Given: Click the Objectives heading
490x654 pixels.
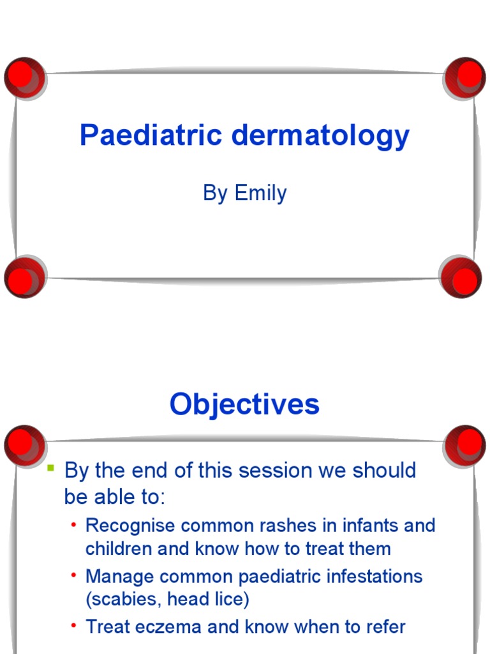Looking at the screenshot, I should pyautogui.click(x=244, y=404).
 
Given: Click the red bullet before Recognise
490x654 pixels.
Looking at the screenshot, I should pyautogui.click(x=74, y=525).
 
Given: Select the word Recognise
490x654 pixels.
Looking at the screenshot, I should pyautogui.click(x=132, y=526).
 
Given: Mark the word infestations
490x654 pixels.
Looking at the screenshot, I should pyautogui.click(x=370, y=577).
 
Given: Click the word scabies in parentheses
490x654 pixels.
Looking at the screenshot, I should pyautogui.click(x=125, y=600).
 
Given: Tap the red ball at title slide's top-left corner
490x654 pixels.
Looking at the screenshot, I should pyautogui.click(x=25, y=77).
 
